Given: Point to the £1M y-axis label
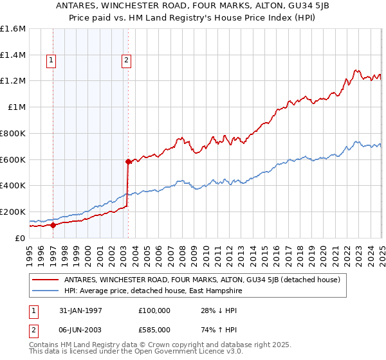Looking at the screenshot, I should tap(16, 107).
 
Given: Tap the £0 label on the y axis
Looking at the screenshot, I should tap(20, 238).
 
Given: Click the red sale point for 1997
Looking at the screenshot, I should tap(53, 225).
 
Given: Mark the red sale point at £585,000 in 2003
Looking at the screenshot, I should tap(128, 161).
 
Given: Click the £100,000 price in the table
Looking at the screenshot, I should tap(154, 310).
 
